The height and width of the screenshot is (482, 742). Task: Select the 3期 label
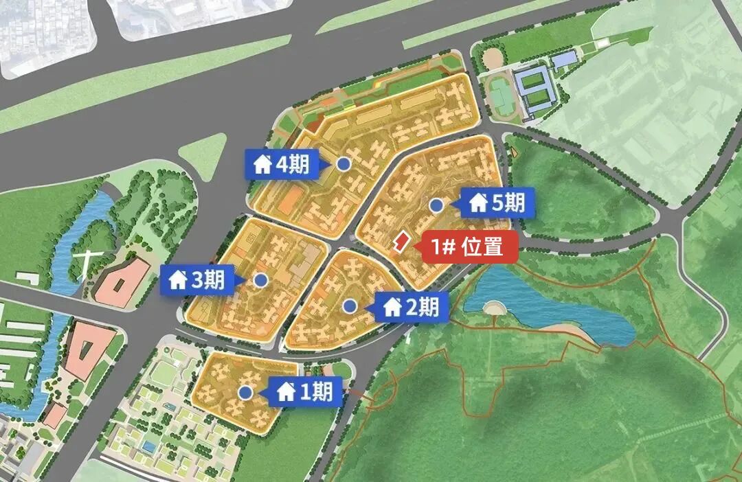tap(198, 279)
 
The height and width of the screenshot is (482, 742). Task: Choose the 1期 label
tap(306, 391)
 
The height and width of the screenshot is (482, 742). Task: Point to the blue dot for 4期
tap(344, 164)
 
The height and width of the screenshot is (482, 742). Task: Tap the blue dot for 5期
tap(436, 205)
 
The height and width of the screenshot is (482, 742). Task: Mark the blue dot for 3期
tap(260, 279)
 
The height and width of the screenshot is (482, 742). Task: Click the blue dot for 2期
tap(350, 306)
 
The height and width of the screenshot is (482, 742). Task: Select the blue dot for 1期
tap(245, 392)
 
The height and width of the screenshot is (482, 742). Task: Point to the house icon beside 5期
tap(478, 203)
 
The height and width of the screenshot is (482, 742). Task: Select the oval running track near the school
tap(500, 96)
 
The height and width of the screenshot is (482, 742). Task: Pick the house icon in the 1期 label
tap(286, 392)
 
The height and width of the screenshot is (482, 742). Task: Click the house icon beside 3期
tap(178, 280)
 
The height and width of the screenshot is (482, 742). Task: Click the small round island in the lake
tap(493, 307)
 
